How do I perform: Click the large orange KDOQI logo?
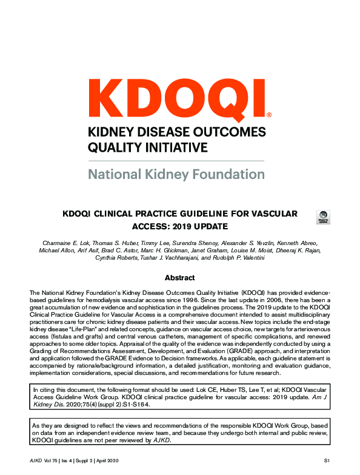[x=176, y=96]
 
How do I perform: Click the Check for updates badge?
[x=324, y=217]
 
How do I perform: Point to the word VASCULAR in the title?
[x=270, y=214]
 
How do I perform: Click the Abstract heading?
[x=180, y=278]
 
